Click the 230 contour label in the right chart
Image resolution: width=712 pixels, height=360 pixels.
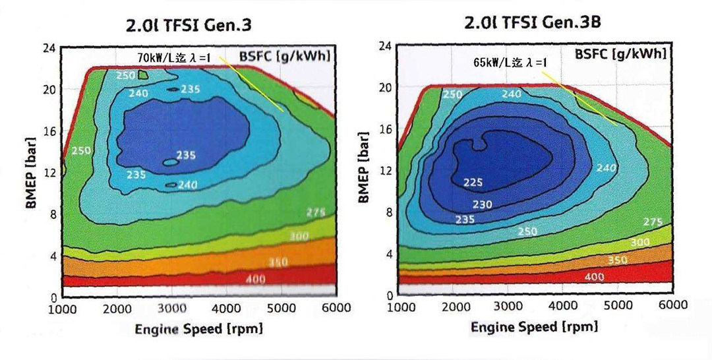coord(481,205)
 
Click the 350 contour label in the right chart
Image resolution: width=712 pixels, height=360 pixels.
coord(617,260)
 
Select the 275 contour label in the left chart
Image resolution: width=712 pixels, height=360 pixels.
coord(317,212)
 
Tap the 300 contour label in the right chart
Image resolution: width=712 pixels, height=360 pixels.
coord(639,242)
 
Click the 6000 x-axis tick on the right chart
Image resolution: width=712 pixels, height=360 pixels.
coord(672,305)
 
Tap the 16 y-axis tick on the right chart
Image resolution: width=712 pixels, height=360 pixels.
coord(386,129)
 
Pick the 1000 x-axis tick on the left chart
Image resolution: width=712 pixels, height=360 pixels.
coord(63,309)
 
